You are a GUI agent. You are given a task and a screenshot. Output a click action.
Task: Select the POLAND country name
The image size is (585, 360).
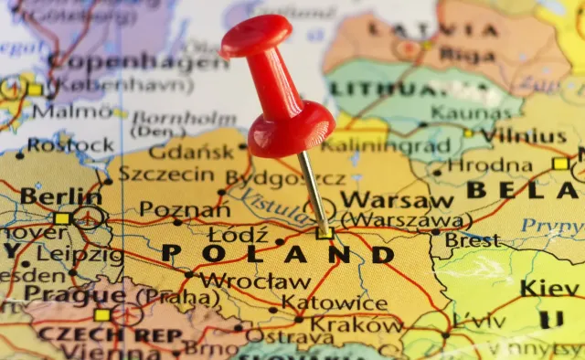click(x=278, y=253)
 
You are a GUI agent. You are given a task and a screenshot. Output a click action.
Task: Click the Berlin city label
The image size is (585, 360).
click(x=61, y=196)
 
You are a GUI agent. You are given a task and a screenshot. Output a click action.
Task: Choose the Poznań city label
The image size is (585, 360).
click(x=185, y=210)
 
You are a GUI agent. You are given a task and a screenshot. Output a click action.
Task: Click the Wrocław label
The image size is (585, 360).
click(x=255, y=281)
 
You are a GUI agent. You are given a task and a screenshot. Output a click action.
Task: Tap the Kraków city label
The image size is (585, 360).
click(x=356, y=324)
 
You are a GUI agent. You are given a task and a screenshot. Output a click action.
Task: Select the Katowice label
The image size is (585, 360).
click(x=334, y=302)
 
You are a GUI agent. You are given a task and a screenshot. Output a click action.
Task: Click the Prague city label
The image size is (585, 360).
click(x=62, y=293)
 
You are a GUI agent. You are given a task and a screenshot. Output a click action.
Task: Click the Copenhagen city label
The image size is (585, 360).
click(x=137, y=61)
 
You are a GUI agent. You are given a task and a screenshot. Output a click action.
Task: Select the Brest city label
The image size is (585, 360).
click(x=472, y=239)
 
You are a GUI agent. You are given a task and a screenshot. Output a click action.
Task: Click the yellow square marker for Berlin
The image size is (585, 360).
click(x=62, y=218)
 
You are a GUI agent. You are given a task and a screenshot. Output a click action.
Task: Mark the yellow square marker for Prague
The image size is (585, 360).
click(x=101, y=314)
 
